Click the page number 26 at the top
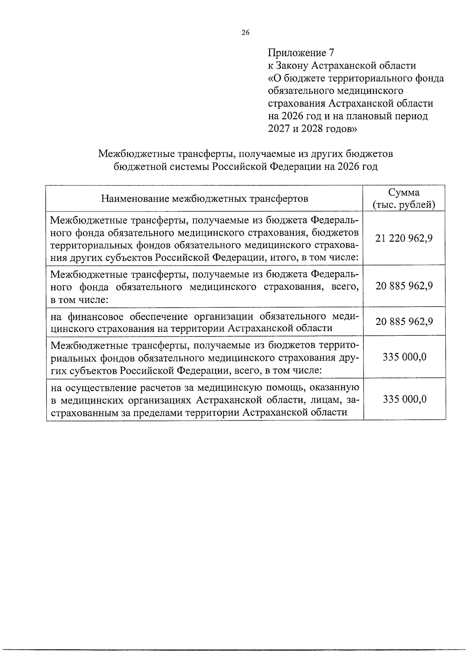click(245, 33)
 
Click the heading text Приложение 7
click(301, 53)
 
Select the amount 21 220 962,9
click(404, 238)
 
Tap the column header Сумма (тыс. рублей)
click(404, 199)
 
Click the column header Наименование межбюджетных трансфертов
click(204, 199)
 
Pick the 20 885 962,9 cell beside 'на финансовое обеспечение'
click(404, 321)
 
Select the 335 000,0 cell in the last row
click(404, 399)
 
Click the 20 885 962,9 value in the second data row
click(404, 286)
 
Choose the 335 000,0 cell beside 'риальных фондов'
click(404, 357)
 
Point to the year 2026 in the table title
click(350, 167)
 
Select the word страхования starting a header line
click(297, 104)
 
